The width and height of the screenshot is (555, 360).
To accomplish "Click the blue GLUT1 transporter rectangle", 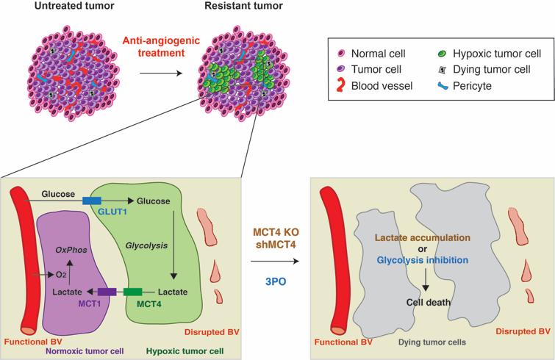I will [x=92, y=200].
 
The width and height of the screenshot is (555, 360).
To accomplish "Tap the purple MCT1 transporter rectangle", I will [x=107, y=292].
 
